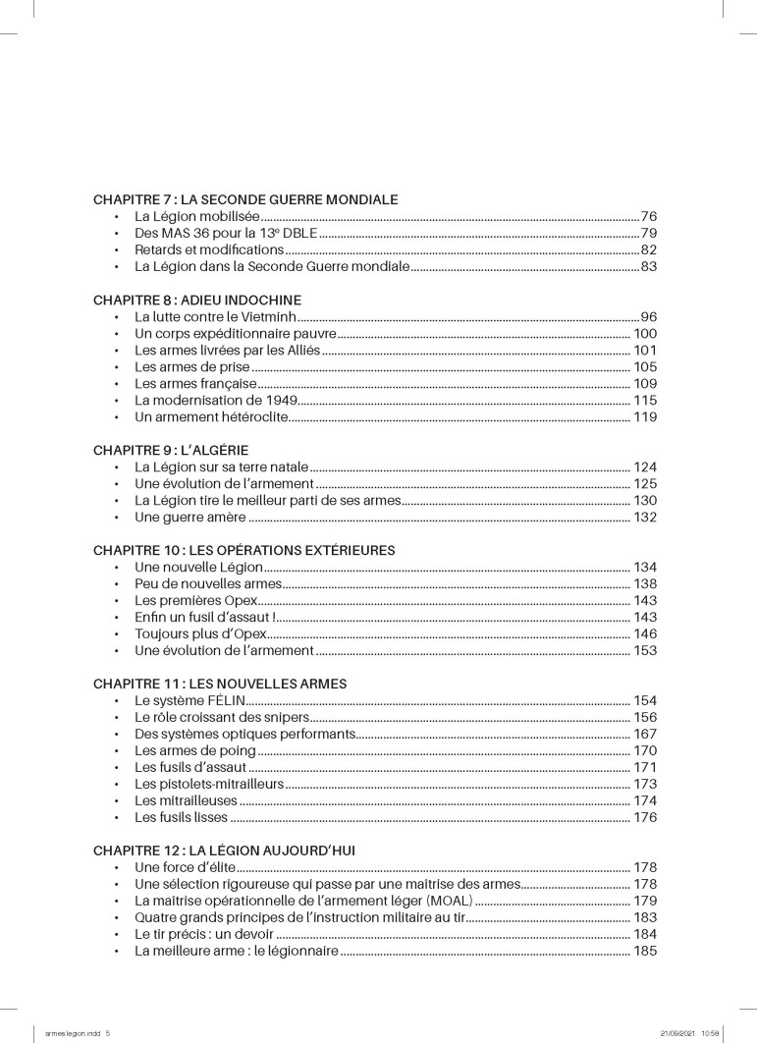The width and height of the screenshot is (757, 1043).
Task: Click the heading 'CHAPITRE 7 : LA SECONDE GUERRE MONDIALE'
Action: tap(244, 198)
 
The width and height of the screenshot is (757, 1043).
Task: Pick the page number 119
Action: tap(644, 417)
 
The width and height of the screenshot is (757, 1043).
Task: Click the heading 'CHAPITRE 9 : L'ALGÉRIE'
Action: tap(171, 450)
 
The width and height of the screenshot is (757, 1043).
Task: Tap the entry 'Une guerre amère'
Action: tap(183, 518)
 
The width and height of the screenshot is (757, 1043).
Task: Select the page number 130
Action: tap(644, 501)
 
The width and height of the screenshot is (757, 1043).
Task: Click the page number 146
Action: tap(644, 634)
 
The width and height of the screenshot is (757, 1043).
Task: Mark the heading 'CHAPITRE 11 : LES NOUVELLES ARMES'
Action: tap(220, 683)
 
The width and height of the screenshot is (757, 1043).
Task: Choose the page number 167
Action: tap(644, 734)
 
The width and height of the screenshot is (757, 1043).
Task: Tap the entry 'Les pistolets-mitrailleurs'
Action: tap(209, 784)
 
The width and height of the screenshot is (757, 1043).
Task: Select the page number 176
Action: tap(644, 817)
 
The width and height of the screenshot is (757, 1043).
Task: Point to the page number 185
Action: tap(644, 952)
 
